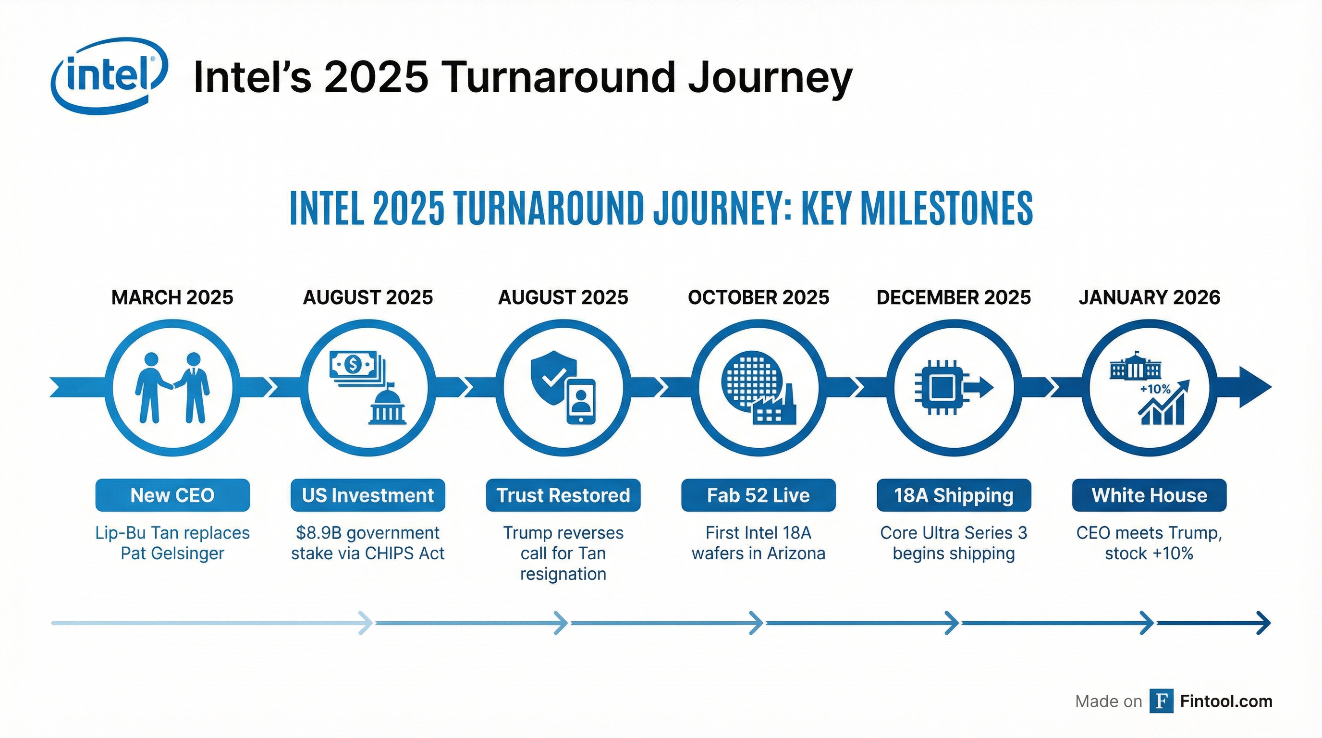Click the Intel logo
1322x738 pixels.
coord(109,75)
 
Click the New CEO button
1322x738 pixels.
coord(172,495)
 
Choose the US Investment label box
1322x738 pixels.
coord(367,495)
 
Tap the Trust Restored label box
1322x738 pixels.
coord(563,495)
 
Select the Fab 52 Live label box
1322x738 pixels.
coord(758,495)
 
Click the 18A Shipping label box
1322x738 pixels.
coord(954,495)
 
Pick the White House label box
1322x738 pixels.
coord(1149,495)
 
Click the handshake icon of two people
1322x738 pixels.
coord(172,387)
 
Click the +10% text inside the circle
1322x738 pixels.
coord(1155,389)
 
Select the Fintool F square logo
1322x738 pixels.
coord(1161,701)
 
